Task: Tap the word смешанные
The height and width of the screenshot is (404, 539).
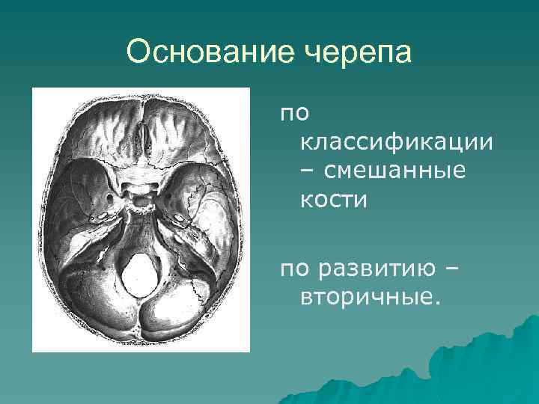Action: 395,171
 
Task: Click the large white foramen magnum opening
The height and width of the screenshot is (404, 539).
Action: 140,275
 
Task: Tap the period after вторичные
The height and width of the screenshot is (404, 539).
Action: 430,303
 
